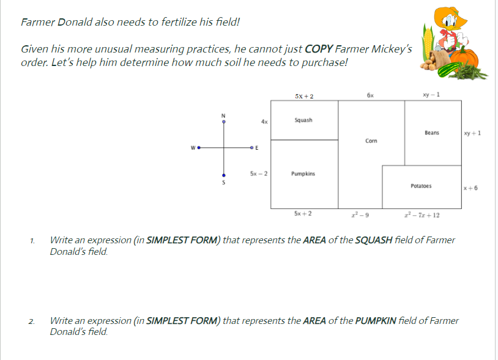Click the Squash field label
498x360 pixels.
(x=303, y=120)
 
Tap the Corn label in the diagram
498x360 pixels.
(x=371, y=141)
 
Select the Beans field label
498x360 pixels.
(x=431, y=133)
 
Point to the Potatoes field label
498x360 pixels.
(x=421, y=185)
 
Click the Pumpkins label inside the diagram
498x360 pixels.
(x=303, y=174)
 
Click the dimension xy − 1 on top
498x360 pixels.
(x=431, y=95)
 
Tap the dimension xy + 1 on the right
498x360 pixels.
(x=472, y=133)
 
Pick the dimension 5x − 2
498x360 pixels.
(x=258, y=174)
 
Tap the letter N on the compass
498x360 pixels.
(x=223, y=116)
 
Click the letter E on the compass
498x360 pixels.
(x=256, y=149)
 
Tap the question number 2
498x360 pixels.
(x=31, y=321)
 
